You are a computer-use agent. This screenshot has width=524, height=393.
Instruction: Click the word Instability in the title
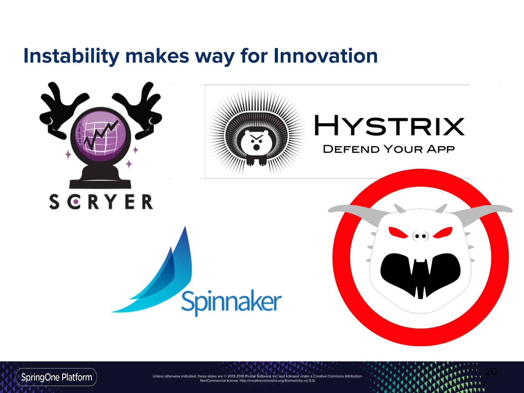tap(71, 56)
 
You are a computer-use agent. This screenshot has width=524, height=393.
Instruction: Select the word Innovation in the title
tap(326, 56)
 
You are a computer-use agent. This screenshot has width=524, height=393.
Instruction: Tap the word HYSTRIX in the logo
tap(390, 125)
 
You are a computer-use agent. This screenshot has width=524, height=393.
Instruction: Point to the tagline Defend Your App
tap(389, 149)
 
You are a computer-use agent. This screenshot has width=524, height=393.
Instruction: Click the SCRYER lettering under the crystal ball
tap(101, 202)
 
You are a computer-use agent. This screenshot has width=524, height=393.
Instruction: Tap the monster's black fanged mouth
tap(420, 274)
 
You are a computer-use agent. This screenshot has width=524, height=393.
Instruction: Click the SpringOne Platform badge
tap(56, 377)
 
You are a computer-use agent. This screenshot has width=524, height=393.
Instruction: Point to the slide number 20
tap(491, 372)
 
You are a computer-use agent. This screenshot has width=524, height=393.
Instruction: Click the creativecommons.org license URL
tap(277, 381)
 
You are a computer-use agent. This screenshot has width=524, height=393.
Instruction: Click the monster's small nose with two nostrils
tap(420, 236)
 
